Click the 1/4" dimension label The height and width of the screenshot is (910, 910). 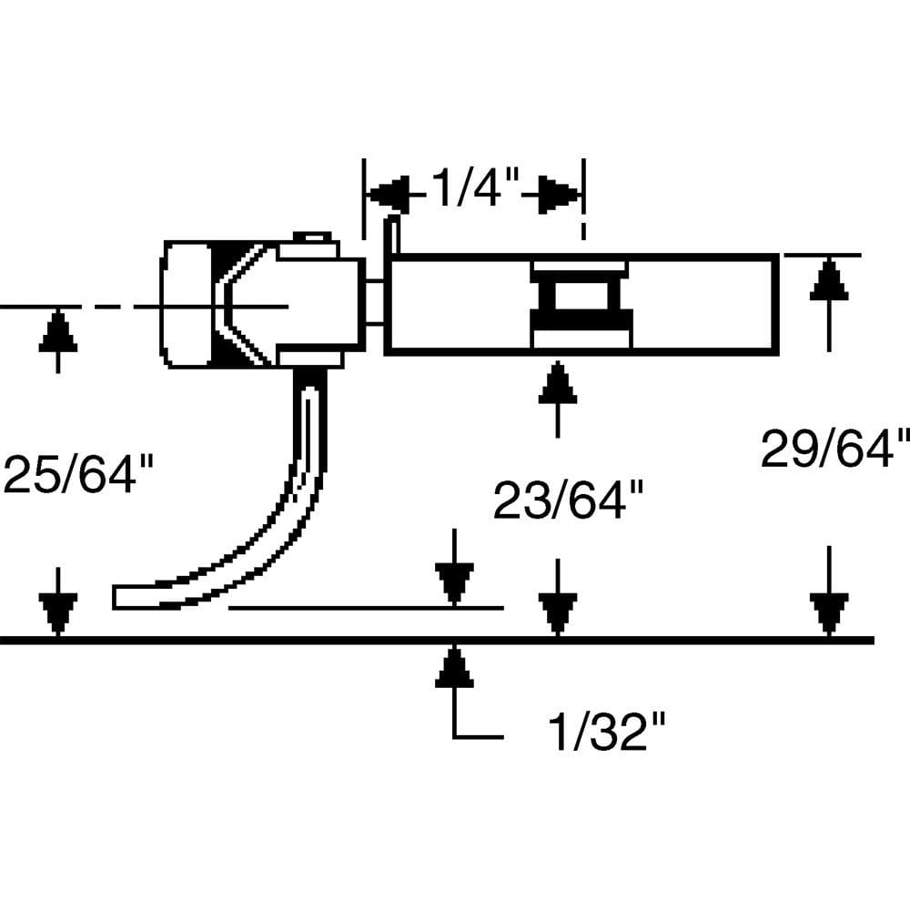pyautogui.click(x=473, y=189)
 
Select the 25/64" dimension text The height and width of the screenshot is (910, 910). pyautogui.click(x=78, y=474)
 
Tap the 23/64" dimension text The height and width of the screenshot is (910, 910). pyautogui.click(x=569, y=500)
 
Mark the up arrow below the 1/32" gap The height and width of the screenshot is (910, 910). pyautogui.click(x=453, y=669)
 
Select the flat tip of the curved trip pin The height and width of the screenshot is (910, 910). pyautogui.click(x=127, y=597)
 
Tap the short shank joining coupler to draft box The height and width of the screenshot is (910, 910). pyautogui.click(x=375, y=304)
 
